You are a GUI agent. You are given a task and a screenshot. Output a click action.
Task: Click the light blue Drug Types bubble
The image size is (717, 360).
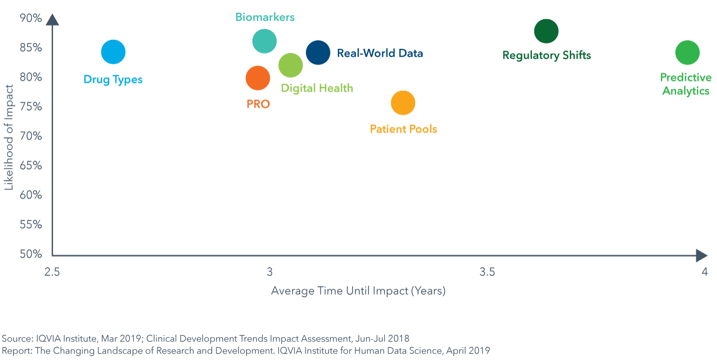point(113,52)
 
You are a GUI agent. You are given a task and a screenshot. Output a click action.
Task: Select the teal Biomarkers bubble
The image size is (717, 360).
point(265,41)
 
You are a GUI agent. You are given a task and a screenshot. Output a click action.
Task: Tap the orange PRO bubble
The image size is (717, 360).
point(258,78)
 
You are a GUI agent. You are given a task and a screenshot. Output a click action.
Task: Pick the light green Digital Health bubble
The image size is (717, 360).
point(291,65)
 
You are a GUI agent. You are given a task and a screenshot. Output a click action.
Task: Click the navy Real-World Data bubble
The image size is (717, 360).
point(318,52)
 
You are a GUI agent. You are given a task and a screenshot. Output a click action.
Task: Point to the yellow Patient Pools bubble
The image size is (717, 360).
point(403,103)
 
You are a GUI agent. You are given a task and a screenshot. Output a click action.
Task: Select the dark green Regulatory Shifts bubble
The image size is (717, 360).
point(546,31)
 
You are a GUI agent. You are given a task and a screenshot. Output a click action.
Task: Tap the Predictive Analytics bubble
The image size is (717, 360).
point(687,52)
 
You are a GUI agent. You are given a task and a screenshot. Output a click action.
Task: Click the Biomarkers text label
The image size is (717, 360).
point(265,17)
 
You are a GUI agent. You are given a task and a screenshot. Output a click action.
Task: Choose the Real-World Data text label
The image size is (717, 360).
point(380,53)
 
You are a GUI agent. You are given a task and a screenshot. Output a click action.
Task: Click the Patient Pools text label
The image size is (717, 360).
point(403,129)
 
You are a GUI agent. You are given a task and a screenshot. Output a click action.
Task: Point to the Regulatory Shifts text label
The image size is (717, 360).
point(546,55)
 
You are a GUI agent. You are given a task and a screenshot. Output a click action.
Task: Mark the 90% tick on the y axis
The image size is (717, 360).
point(31,18)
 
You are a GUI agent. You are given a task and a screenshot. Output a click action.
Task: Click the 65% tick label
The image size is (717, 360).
point(31,165)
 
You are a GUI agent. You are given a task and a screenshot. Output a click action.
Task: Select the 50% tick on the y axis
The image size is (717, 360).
point(31,254)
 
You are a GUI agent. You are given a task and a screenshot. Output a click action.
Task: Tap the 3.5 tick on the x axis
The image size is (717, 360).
point(487,272)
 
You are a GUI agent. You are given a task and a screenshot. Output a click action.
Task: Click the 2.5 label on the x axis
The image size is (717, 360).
point(52,272)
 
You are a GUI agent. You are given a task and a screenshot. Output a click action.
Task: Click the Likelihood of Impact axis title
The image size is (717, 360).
point(8,137)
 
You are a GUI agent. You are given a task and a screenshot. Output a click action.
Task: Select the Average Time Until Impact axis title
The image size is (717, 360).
point(358,291)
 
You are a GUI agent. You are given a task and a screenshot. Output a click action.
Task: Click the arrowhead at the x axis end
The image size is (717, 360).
point(702,256)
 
